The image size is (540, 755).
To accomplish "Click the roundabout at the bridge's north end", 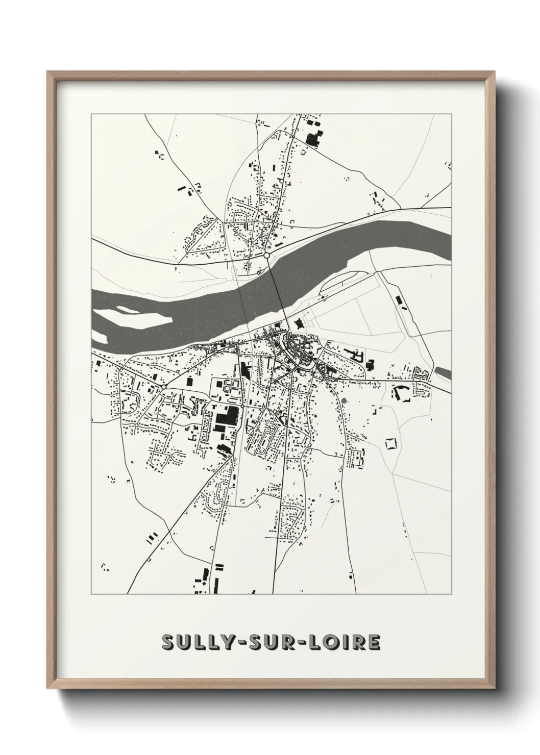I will [266, 255].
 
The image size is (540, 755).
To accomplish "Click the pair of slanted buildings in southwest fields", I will [153, 537].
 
